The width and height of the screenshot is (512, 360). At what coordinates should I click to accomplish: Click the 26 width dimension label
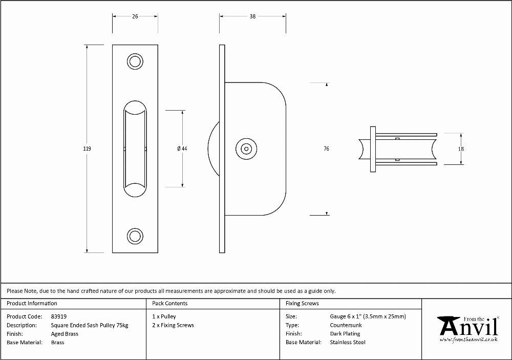point(135,16)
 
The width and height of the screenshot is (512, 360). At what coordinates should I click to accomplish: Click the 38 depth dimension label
point(252,16)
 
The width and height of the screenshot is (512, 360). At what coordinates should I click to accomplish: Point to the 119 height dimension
point(87,149)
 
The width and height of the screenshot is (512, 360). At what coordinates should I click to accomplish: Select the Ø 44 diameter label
point(182,149)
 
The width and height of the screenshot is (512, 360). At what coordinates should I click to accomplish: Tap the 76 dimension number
point(326,149)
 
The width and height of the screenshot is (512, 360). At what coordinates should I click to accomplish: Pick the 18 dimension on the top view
point(461,149)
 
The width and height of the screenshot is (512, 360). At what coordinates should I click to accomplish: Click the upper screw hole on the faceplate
point(135,61)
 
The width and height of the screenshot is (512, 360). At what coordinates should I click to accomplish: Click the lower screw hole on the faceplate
point(135,236)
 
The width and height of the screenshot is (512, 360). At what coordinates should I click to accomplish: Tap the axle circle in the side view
point(246,149)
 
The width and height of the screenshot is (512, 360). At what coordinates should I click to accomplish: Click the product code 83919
point(59,316)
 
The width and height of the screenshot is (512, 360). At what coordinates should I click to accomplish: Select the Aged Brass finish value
point(65,334)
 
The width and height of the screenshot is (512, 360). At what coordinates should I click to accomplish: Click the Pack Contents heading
point(170,304)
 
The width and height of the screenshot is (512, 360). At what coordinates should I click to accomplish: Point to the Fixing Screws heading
point(302,304)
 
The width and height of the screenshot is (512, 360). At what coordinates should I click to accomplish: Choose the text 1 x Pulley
point(164,316)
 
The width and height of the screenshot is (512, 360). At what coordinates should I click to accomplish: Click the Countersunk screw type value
point(346,325)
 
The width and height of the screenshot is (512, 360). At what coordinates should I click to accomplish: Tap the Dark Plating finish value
point(345,334)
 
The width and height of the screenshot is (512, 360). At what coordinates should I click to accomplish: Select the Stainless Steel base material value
point(348,343)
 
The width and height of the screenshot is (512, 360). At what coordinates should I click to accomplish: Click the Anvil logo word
point(469,327)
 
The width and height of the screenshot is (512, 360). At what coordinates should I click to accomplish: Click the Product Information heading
point(32,304)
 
